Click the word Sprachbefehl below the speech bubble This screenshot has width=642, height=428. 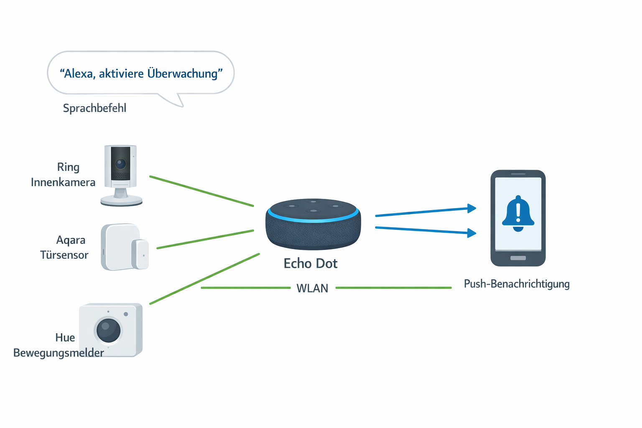click(94, 108)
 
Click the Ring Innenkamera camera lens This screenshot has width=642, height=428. click(121, 163)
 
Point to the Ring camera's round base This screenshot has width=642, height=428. click(121, 200)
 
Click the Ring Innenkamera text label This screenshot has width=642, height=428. click(64, 175)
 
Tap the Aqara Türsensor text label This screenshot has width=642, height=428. click(65, 247)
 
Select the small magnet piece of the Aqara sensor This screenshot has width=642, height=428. click(140, 254)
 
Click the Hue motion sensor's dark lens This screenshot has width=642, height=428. click(109, 330)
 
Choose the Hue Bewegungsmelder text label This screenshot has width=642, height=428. click(59, 345)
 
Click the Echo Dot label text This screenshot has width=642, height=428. click(311, 263)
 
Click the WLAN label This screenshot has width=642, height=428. click(312, 288)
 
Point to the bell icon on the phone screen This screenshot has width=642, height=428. click(518, 214)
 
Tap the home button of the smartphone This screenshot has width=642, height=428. click(518, 258)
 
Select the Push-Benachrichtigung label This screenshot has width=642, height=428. click(517, 284)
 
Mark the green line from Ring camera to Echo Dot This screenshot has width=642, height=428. click(201, 191)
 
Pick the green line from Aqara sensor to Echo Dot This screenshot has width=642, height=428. click(205, 239)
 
